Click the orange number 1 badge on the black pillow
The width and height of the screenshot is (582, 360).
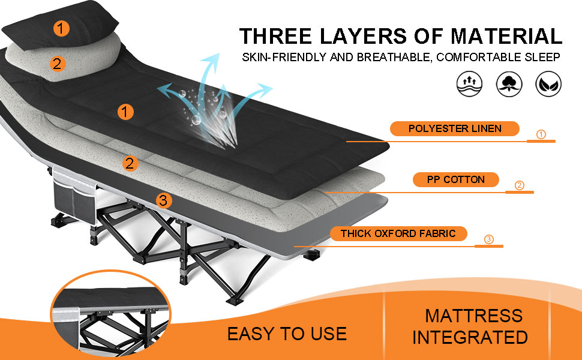pyautogui.click(x=61, y=28)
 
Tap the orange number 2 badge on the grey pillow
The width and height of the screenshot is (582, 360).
pyautogui.click(x=58, y=64)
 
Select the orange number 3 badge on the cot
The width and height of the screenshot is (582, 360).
pyautogui.click(x=163, y=200)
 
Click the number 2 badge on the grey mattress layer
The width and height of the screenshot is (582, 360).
pyautogui.click(x=130, y=163)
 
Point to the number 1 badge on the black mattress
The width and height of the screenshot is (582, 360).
pyautogui.click(x=125, y=112)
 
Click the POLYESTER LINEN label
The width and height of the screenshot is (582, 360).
pyautogui.click(x=455, y=128)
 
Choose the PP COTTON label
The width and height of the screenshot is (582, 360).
pyautogui.click(x=456, y=179)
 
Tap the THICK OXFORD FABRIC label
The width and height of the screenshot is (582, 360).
pyautogui.click(x=398, y=233)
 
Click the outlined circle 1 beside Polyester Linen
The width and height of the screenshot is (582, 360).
pyautogui.click(x=541, y=134)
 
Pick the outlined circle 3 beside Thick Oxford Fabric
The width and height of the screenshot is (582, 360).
pyautogui.click(x=489, y=239)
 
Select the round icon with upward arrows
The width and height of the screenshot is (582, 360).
pyautogui.click(x=470, y=84)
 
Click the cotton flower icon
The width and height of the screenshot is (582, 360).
pyautogui.click(x=509, y=84)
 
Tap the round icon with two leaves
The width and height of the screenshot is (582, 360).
pyautogui.click(x=548, y=84)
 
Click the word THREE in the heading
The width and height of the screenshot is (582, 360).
pyautogui.click(x=275, y=37)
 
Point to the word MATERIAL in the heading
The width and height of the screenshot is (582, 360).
pyautogui.click(x=506, y=37)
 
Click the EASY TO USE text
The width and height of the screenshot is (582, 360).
pyautogui.click(x=287, y=334)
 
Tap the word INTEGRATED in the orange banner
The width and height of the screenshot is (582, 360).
pyautogui.click(x=470, y=337)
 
